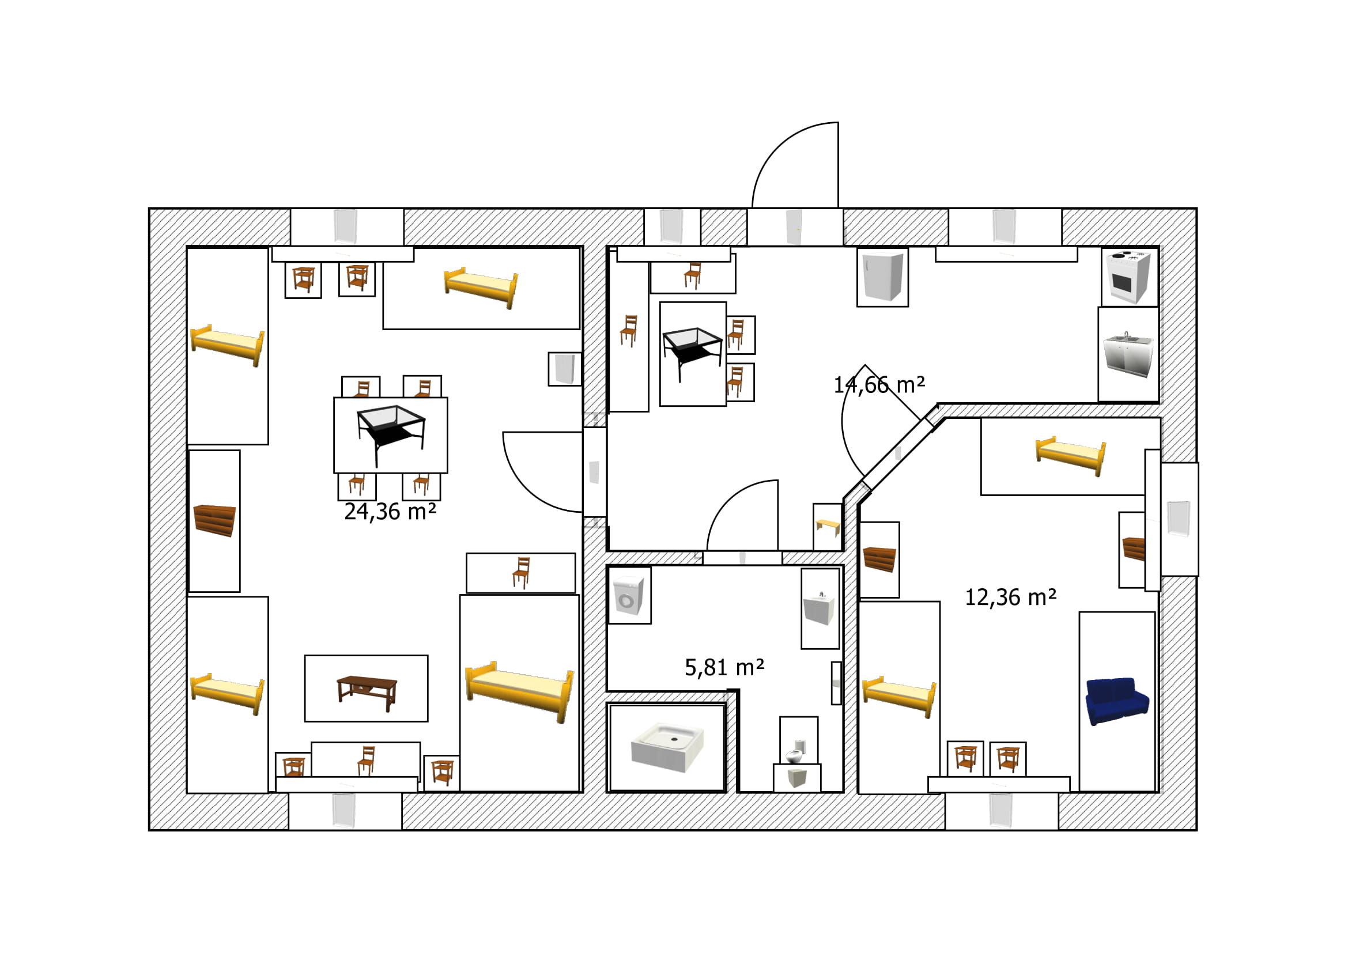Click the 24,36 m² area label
tap(390, 512)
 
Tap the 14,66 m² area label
tap(879, 385)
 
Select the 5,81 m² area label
tap(724, 668)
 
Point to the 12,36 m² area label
tap(1011, 597)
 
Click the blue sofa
tap(1117, 701)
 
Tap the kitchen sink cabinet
tap(1128, 354)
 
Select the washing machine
tap(628, 596)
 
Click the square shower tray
tap(667, 747)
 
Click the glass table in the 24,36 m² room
tap(391, 433)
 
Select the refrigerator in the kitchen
tap(882, 277)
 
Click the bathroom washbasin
tap(819, 608)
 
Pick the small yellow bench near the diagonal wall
tap(828, 527)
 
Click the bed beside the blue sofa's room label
tap(899, 697)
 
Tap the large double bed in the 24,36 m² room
tap(519, 692)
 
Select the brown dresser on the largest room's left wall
tap(214, 520)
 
